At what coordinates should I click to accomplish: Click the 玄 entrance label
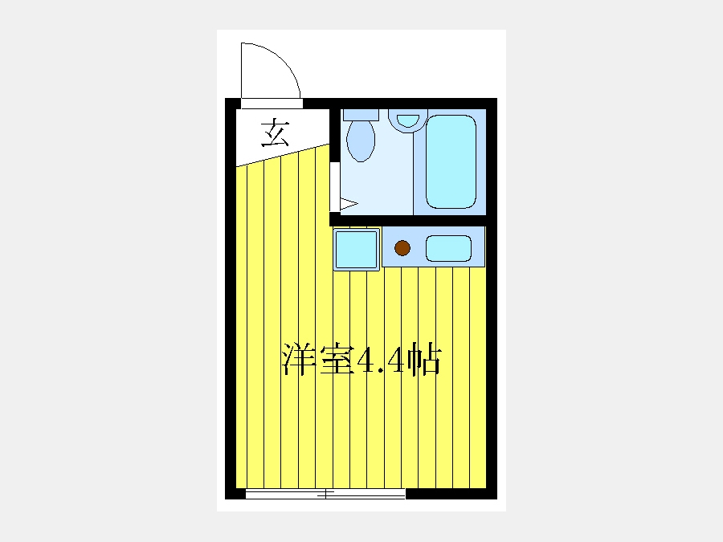pos(276,133)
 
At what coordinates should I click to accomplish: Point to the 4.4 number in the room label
pos(382,361)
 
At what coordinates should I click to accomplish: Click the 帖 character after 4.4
pos(424,360)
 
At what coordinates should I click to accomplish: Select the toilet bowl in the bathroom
pos(361,141)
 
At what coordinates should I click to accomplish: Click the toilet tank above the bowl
pos(361,115)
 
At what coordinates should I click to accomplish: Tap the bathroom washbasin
pos(407,120)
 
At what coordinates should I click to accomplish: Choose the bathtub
pos(451,161)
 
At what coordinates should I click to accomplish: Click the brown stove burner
pos(402,248)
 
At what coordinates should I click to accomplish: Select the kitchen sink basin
pos(448,248)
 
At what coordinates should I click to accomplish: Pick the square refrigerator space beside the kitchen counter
pos(357,250)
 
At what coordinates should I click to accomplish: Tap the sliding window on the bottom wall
pos(325,494)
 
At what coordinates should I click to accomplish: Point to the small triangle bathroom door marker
pos(349,204)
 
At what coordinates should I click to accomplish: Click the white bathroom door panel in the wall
pos(335,187)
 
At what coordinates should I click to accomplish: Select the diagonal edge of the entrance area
pos(283,155)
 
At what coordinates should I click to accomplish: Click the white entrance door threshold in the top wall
pos(272,104)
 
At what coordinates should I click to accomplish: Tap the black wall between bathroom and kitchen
pos(407,220)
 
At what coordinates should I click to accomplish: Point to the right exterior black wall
pos(492,299)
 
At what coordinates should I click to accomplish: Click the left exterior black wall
pos(231,299)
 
